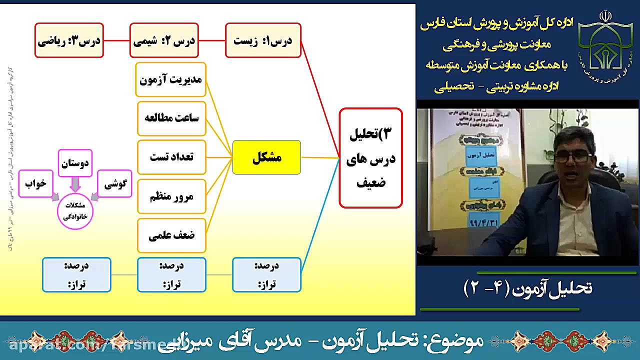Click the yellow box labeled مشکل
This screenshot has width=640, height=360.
(266, 157)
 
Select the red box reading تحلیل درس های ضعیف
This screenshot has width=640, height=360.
(370, 157)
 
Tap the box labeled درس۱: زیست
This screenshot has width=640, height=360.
(263, 40)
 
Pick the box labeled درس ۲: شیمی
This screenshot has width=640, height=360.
(164, 40)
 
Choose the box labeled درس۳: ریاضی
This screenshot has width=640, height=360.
(69, 40)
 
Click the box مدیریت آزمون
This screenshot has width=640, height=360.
(170, 79)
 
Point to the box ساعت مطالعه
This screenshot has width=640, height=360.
(171, 118)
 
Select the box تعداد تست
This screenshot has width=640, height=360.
(171, 157)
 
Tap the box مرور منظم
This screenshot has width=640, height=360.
(171, 196)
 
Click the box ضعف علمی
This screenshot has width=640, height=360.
(171, 235)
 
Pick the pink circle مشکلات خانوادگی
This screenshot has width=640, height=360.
(75, 211)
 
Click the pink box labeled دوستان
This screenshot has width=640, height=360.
(75, 163)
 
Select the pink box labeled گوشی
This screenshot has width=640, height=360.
(115, 184)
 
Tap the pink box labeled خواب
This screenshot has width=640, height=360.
(35, 184)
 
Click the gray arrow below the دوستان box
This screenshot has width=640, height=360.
(75, 184)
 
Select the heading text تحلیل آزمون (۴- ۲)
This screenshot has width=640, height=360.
(527, 288)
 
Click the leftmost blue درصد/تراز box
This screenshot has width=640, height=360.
(76, 274)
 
